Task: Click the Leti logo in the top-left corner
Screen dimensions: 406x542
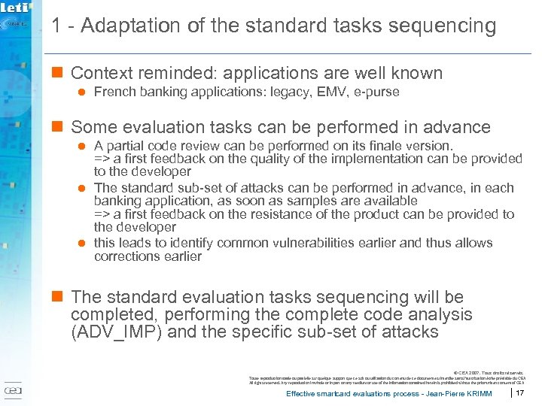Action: pyautogui.click(x=17, y=8)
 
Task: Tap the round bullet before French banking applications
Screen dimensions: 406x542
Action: pyautogui.click(x=84, y=92)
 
